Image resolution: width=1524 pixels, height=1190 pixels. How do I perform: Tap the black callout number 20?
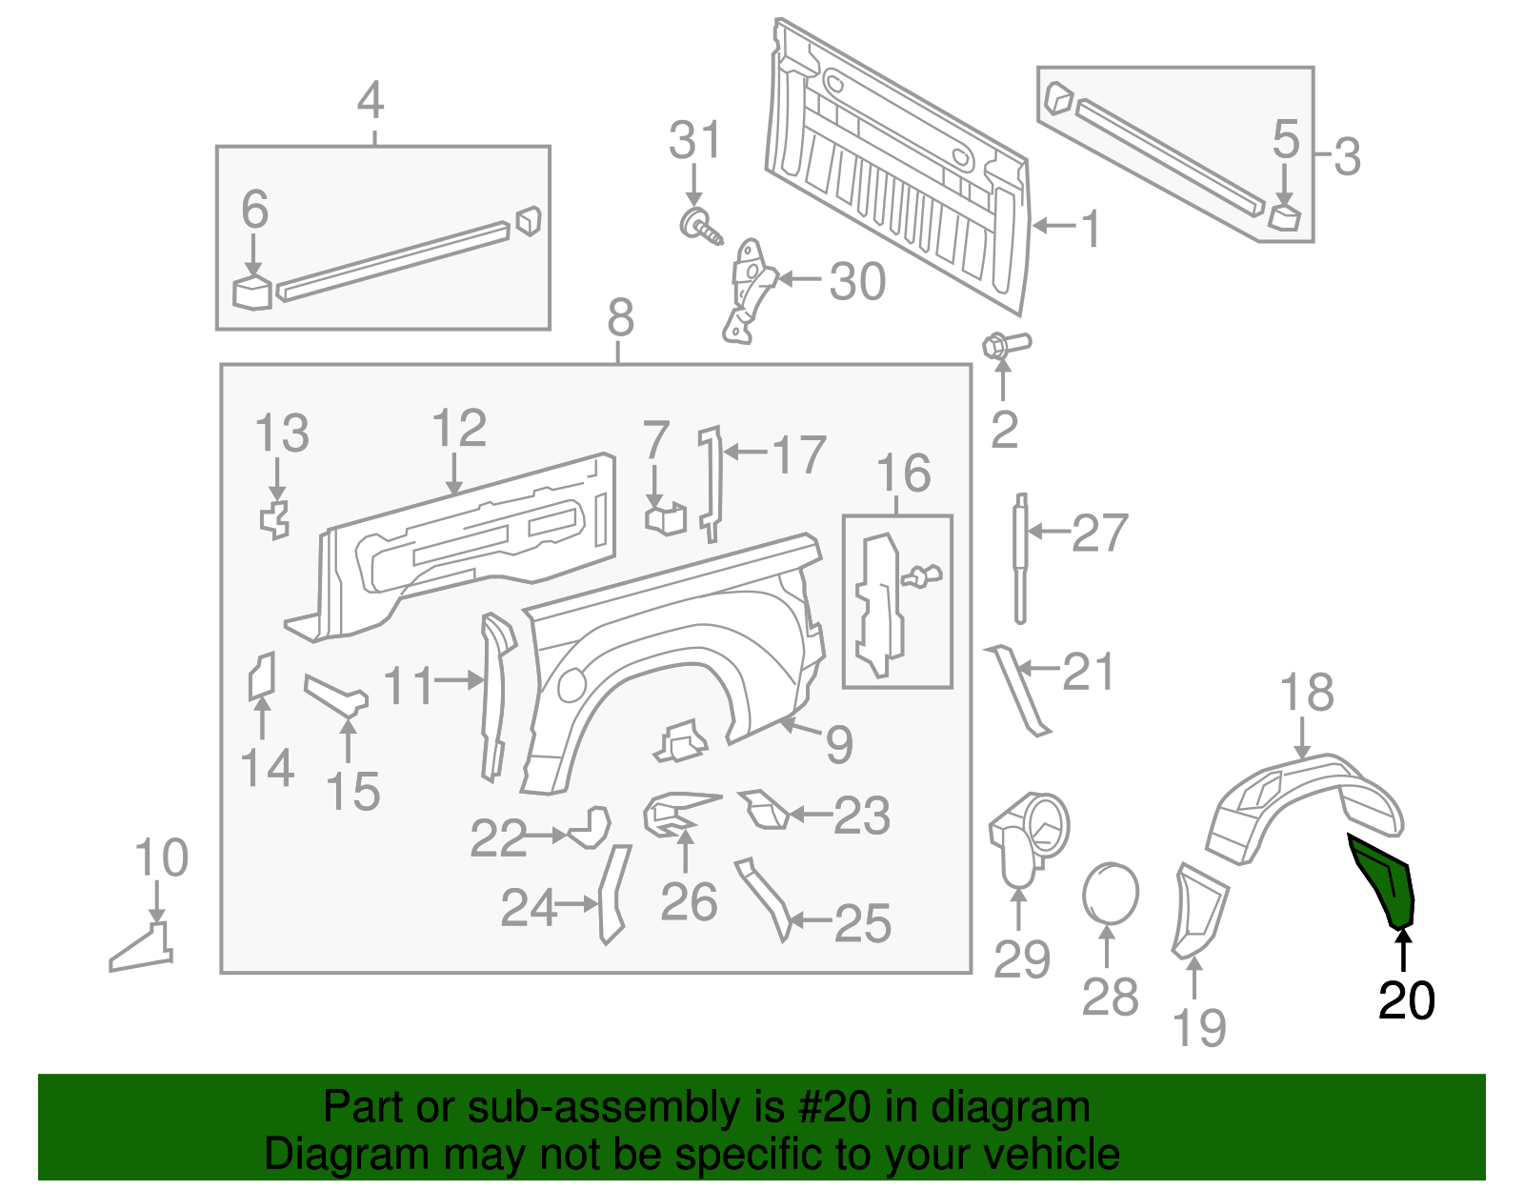1406,1001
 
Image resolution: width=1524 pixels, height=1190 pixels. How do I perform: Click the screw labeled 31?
699,225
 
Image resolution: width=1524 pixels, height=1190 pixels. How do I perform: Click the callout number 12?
459,430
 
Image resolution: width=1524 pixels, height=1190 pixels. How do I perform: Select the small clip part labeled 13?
275,518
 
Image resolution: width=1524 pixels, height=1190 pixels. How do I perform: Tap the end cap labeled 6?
252,292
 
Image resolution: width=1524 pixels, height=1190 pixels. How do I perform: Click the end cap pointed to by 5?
1284,216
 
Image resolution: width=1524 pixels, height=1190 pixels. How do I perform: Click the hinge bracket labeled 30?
749,290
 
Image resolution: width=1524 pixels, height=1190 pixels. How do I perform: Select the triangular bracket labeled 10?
143,948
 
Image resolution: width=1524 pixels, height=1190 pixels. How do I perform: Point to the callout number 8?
620,317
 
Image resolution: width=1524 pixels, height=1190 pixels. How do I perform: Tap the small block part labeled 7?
665,519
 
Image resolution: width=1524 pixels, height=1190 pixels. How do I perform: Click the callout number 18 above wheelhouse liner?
1306,693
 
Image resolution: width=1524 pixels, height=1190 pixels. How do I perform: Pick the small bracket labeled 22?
592,828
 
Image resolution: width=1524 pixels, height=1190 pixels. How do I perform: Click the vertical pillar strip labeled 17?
710,481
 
